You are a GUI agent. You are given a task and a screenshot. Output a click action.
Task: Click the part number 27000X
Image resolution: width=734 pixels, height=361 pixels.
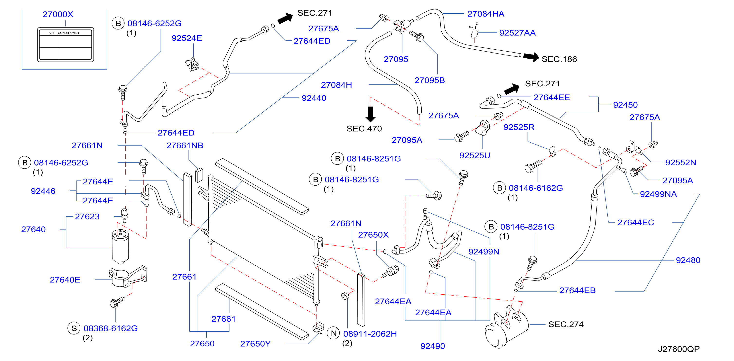click(58, 14)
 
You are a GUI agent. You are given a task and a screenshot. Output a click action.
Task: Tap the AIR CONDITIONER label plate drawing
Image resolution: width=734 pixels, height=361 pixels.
click(65, 45)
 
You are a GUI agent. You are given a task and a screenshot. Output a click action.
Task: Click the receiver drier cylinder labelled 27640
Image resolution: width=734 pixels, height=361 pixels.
click(120, 247)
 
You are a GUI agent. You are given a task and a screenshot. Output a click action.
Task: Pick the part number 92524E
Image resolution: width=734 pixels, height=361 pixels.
click(187, 38)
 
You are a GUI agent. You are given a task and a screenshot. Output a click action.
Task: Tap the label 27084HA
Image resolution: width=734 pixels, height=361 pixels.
click(486, 14)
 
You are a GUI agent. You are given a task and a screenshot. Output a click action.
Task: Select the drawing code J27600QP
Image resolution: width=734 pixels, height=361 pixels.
click(678, 349)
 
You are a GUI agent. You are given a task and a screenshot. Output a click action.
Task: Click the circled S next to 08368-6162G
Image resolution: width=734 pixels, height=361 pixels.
click(74, 328)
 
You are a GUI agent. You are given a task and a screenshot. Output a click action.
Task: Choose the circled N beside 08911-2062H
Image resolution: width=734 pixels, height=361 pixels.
click(334, 333)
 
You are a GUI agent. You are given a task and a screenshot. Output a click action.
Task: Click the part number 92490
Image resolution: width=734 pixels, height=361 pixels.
click(433, 346)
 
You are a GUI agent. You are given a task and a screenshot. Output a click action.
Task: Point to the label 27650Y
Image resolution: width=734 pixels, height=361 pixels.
click(255, 344)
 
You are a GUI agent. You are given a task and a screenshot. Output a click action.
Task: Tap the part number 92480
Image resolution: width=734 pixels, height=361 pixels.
click(688, 260)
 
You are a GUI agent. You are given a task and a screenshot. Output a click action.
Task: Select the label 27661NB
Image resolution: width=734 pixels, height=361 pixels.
click(185, 145)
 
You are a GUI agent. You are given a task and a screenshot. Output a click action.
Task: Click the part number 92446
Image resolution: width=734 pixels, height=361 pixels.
click(43, 191)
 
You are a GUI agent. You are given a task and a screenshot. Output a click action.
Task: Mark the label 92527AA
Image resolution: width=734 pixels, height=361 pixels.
click(517, 33)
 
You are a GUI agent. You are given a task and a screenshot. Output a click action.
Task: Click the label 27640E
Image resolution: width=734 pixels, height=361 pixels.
click(65, 280)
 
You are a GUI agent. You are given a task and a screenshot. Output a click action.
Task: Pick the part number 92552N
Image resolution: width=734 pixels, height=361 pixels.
click(680, 162)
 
